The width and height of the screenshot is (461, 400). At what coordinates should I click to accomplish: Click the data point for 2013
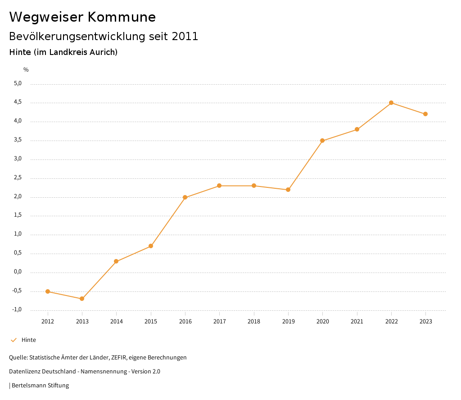[82, 299]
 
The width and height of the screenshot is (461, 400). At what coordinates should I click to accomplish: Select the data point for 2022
[391, 103]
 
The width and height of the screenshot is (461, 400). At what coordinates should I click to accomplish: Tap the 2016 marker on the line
[185, 197]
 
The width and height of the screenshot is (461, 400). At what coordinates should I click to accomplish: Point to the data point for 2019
[288, 190]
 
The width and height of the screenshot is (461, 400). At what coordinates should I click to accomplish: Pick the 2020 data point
[322, 141]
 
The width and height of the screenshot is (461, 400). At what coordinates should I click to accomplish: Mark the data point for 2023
[425, 114]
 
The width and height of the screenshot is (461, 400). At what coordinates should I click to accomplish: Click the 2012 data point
[48, 291]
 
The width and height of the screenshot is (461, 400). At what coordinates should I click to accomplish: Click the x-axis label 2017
[219, 321]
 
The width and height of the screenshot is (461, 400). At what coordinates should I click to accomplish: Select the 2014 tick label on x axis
[116, 321]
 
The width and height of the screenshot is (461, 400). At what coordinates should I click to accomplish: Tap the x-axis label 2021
[357, 321]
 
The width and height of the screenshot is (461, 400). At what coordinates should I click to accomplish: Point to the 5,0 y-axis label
[18, 83]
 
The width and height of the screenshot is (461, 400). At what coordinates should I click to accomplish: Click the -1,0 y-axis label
[17, 309]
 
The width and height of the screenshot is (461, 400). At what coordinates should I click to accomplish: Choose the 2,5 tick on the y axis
[18, 178]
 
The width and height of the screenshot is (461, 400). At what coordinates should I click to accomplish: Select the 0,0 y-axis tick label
[18, 272]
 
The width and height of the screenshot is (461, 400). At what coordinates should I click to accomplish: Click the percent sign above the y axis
[26, 70]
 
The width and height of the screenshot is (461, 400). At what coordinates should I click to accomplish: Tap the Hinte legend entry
[28, 340]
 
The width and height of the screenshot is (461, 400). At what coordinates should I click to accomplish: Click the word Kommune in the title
[122, 17]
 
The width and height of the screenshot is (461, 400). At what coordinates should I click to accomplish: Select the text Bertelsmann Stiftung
[40, 386]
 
